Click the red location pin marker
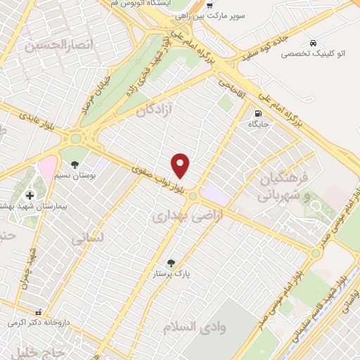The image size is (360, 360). click(181, 165)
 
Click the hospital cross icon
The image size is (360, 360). click(30, 195)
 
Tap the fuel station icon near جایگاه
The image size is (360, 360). click(258, 112)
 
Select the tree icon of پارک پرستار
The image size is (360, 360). click(170, 264)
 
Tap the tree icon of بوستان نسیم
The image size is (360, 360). click(75, 165)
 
